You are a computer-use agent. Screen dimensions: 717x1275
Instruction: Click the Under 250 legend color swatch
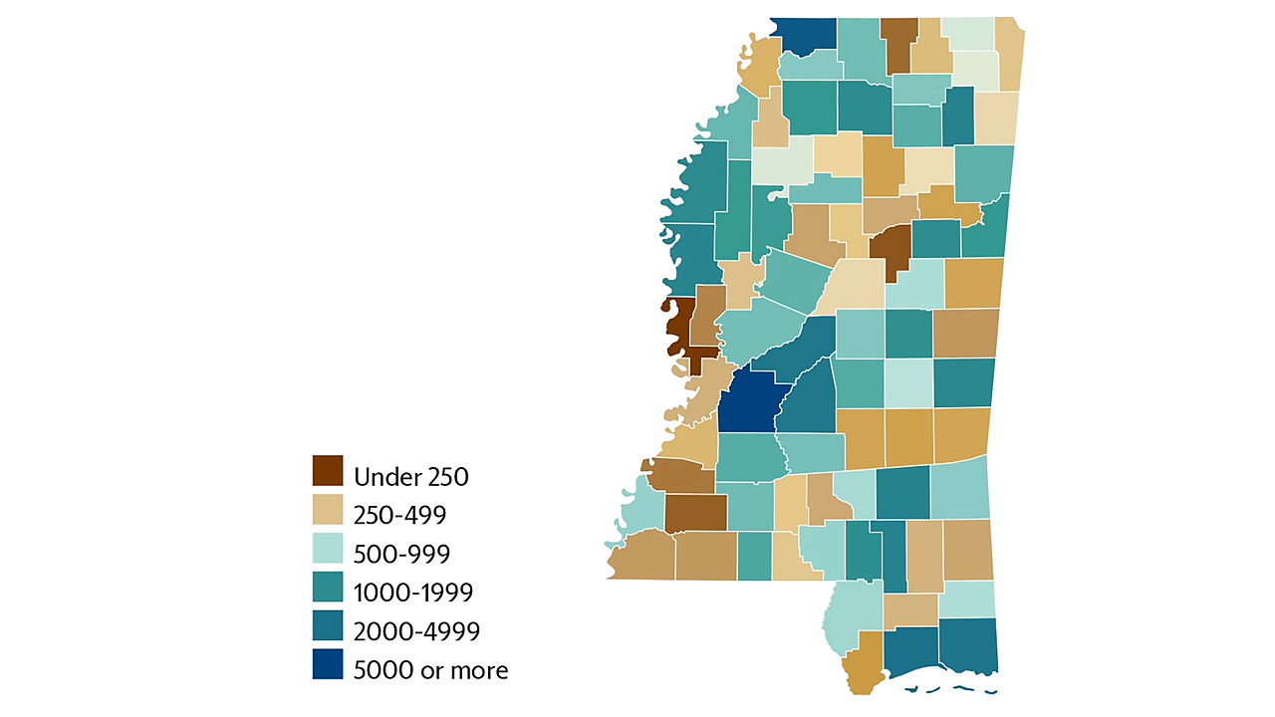click(x=328, y=471)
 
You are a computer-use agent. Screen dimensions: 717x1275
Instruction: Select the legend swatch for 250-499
click(x=328, y=510)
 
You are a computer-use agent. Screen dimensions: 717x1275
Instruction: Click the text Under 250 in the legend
click(x=410, y=477)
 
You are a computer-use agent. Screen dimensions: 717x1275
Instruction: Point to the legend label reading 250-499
click(x=398, y=515)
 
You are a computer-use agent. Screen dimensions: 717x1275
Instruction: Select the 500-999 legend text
click(x=399, y=554)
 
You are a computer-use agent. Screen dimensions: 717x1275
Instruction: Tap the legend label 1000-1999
click(x=412, y=593)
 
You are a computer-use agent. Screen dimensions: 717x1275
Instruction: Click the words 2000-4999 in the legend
click(x=416, y=631)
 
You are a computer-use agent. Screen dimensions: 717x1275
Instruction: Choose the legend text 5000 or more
click(x=430, y=670)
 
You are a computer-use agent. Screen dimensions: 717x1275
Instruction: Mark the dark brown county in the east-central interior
click(x=890, y=251)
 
